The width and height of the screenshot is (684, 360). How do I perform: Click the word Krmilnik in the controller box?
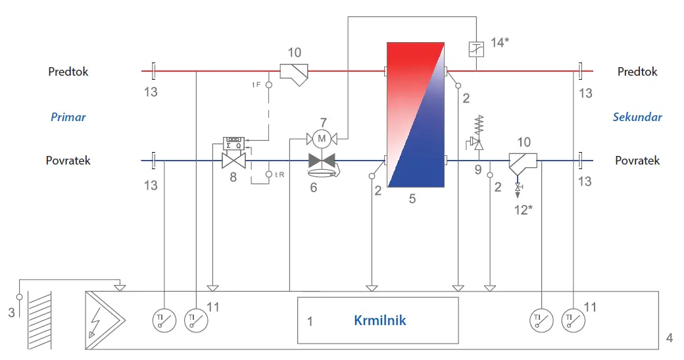tap(379, 321)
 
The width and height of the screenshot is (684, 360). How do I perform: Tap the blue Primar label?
tap(68, 117)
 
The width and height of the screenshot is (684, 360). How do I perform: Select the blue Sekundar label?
tap(637, 117)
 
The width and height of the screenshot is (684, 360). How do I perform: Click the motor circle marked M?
tap(322, 140)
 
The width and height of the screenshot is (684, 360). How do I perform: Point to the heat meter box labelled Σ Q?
tap(234, 143)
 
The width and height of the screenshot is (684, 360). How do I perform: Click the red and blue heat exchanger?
tap(416, 115)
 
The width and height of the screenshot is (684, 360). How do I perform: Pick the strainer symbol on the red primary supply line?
tap(294, 74)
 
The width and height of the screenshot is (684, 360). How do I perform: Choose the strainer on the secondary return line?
tap(523, 164)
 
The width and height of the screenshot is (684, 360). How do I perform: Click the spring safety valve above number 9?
tap(479, 133)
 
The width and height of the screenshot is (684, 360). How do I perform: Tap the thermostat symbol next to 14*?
tap(476, 49)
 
